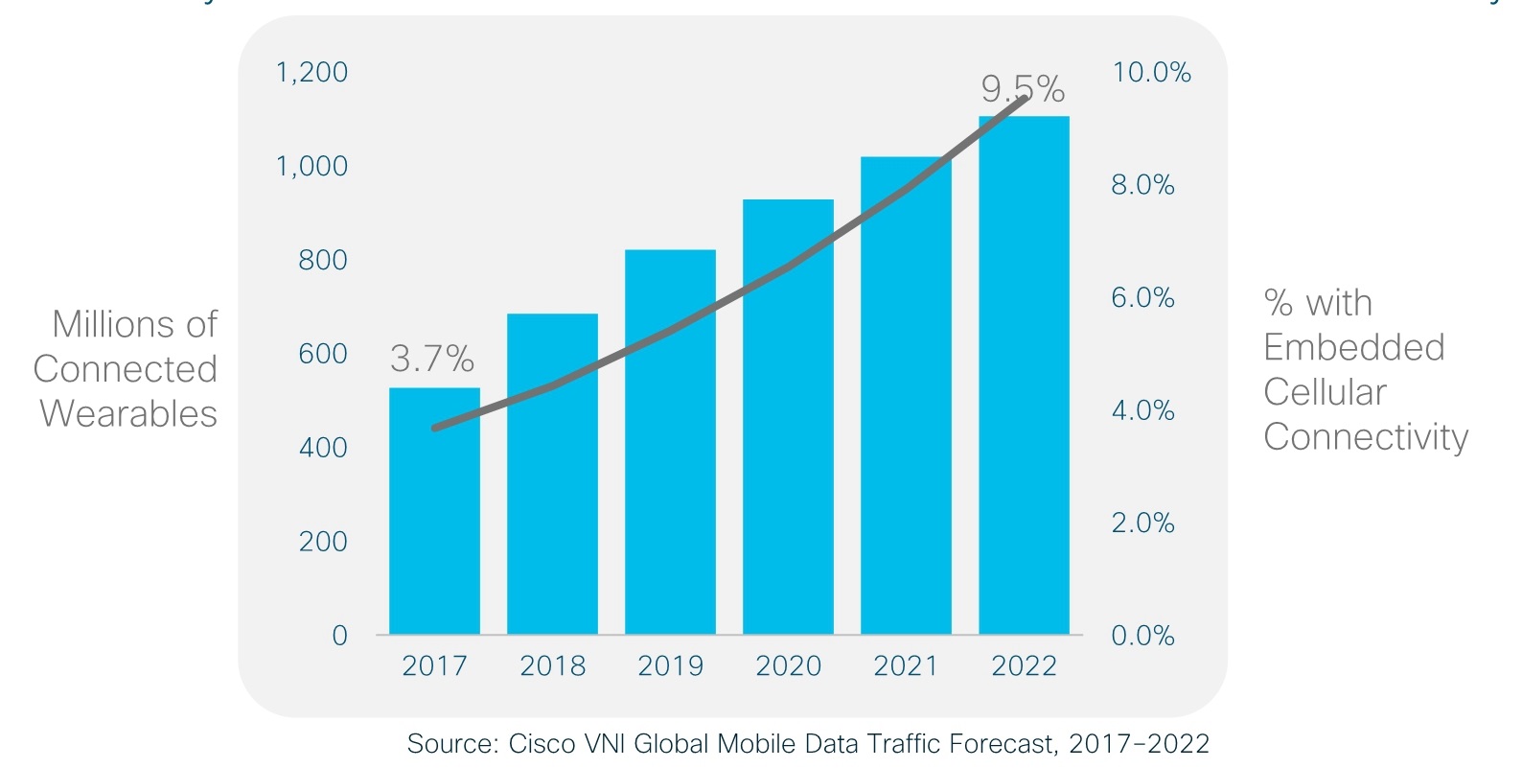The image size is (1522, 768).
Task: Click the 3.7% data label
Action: [432, 360]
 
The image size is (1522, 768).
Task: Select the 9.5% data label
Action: [1023, 89]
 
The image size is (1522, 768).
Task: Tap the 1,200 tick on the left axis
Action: [311, 72]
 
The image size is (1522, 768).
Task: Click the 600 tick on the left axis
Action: [323, 354]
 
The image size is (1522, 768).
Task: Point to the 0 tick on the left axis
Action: [339, 636]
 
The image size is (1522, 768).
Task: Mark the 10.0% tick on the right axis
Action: [1151, 72]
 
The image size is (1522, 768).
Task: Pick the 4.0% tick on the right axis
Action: [1142, 410]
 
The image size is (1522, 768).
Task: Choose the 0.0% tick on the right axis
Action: [1142, 636]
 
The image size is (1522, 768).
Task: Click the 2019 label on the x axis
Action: [670, 666]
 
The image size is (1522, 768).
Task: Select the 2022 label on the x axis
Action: [1024, 666]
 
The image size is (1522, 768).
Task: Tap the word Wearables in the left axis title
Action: [128, 414]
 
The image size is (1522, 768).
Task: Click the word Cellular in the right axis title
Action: [1325, 392]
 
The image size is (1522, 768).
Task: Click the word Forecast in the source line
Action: [1003, 744]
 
